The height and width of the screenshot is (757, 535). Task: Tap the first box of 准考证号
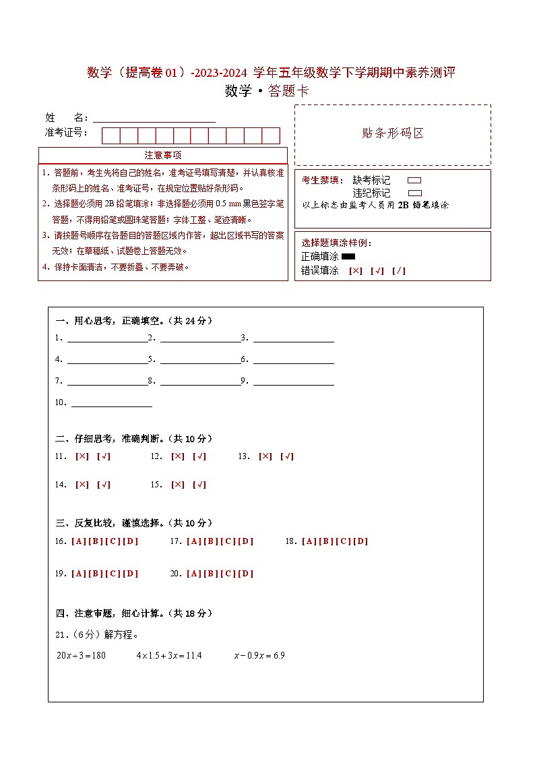111,135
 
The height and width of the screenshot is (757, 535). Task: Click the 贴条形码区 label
393,133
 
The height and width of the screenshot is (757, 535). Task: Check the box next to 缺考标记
414,181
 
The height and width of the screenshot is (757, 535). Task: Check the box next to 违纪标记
414,193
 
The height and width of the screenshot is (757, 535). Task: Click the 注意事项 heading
162,156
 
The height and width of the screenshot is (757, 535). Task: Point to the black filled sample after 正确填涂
348,256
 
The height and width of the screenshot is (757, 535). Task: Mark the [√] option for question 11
104,456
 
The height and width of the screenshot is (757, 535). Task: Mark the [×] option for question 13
265,456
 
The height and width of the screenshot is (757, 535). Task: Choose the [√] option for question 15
199,485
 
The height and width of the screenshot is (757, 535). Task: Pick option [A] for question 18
309,541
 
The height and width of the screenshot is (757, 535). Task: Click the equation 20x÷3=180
81,655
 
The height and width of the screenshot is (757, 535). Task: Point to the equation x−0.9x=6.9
259,655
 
